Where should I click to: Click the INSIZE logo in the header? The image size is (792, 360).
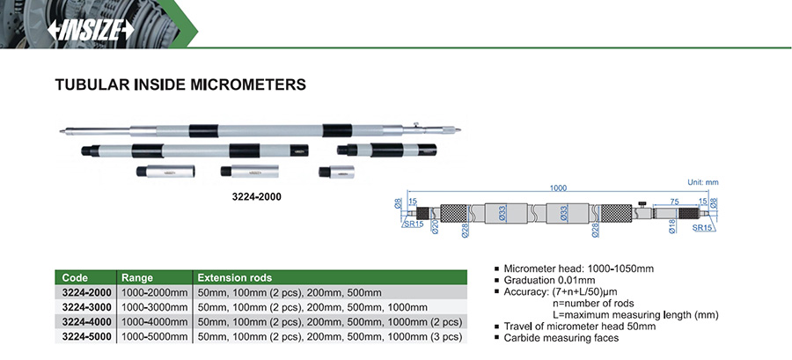tap(91, 30)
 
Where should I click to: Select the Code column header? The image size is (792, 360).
tap(75, 276)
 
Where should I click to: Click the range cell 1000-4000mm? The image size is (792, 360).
tap(155, 321)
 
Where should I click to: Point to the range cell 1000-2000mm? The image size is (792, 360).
tap(155, 291)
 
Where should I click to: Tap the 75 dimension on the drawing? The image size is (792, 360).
tap(673, 201)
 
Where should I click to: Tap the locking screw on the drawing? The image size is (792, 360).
tap(642, 202)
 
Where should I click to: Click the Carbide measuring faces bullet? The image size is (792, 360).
tap(562, 338)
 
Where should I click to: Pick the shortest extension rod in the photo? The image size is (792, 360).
tap(338, 171)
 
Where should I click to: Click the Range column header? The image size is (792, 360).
tap(137, 276)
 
